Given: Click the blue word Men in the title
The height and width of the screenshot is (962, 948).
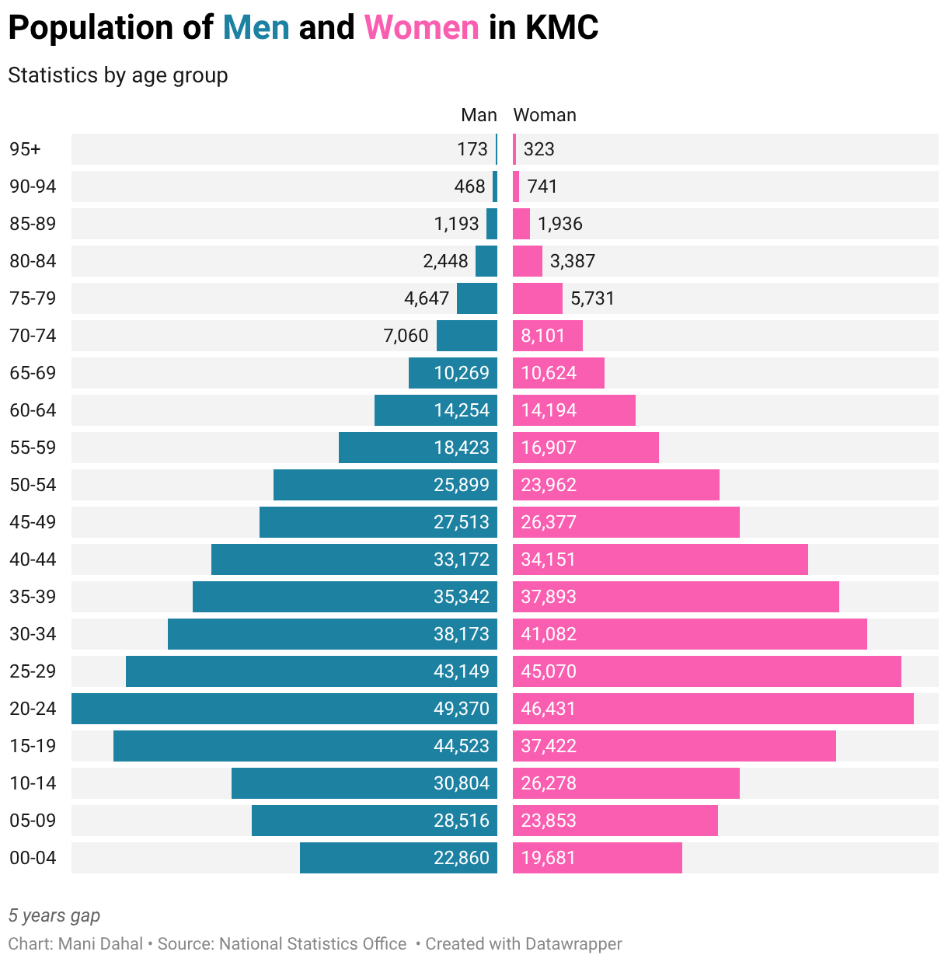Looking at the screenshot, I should (256, 28).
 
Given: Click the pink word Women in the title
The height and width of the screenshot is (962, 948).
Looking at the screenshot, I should (422, 28).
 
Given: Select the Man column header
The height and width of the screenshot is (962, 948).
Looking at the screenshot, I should (479, 115).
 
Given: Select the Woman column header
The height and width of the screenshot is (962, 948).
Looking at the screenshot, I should (545, 115).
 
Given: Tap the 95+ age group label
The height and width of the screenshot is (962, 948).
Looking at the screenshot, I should (25, 149).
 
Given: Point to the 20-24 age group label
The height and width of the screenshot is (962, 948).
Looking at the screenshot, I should (33, 709).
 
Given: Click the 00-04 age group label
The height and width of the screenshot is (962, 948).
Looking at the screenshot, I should (33, 858).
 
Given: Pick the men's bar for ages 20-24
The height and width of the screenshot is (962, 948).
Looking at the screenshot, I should (233, 709).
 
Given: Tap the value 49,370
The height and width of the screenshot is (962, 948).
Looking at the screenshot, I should (462, 709).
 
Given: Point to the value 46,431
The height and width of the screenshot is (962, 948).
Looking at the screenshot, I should (549, 709).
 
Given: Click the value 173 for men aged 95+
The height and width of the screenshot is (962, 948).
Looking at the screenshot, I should (472, 149).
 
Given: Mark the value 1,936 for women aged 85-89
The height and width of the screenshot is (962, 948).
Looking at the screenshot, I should (559, 224).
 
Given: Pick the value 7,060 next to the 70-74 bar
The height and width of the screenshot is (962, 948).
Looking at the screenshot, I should (406, 336).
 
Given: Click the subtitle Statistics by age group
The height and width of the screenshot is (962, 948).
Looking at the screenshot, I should (118, 75).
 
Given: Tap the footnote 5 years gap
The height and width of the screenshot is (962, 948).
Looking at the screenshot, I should (54, 915).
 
